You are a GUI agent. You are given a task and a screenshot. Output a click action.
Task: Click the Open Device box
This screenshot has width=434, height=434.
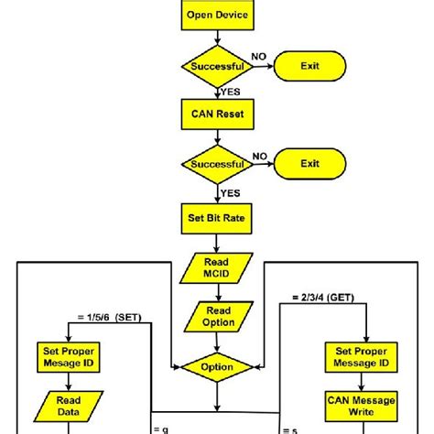217,15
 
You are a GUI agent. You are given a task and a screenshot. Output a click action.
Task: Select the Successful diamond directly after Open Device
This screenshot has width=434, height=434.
217,66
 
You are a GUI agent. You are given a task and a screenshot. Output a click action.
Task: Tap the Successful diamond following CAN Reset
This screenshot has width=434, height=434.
217,165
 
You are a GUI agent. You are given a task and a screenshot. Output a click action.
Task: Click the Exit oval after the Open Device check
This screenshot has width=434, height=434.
310,66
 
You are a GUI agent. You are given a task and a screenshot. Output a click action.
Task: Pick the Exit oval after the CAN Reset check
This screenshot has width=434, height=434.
310,165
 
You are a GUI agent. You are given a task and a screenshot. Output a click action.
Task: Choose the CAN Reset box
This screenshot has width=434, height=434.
217,116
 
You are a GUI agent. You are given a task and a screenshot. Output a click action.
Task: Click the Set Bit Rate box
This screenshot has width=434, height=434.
217,220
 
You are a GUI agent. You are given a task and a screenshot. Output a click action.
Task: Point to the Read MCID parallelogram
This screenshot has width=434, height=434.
217,267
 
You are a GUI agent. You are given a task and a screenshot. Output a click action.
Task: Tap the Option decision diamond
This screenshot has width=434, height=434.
217,366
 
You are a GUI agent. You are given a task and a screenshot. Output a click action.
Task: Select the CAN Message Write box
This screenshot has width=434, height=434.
365,406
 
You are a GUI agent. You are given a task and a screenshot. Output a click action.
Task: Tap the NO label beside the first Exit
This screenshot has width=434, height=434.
259,57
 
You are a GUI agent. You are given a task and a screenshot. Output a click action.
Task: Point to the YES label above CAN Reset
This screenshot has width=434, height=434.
230,92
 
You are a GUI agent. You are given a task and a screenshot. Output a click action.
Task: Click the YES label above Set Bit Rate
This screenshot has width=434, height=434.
230,193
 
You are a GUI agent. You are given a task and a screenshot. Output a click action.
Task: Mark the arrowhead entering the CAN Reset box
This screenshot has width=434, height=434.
217,97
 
